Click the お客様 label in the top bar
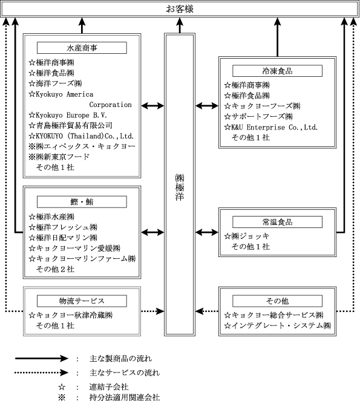tap(180, 9)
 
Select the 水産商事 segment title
tap(82, 48)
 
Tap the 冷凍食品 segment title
tap(277, 71)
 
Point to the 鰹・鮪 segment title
tap(82, 202)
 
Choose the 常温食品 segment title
tap(277, 222)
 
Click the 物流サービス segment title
tap(82, 301)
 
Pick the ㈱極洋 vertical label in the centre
tap(180, 187)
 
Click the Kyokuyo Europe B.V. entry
tap(68, 115)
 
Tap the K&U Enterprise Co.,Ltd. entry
tap(271, 127)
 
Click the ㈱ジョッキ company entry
tap(247, 236)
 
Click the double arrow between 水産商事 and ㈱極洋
tap(152, 106)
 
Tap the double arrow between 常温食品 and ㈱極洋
tap(207, 232)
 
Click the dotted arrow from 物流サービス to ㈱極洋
tap(152, 311)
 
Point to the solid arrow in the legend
tap(42, 358)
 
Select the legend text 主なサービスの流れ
tap(125, 373)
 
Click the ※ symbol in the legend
tap(62, 397)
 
